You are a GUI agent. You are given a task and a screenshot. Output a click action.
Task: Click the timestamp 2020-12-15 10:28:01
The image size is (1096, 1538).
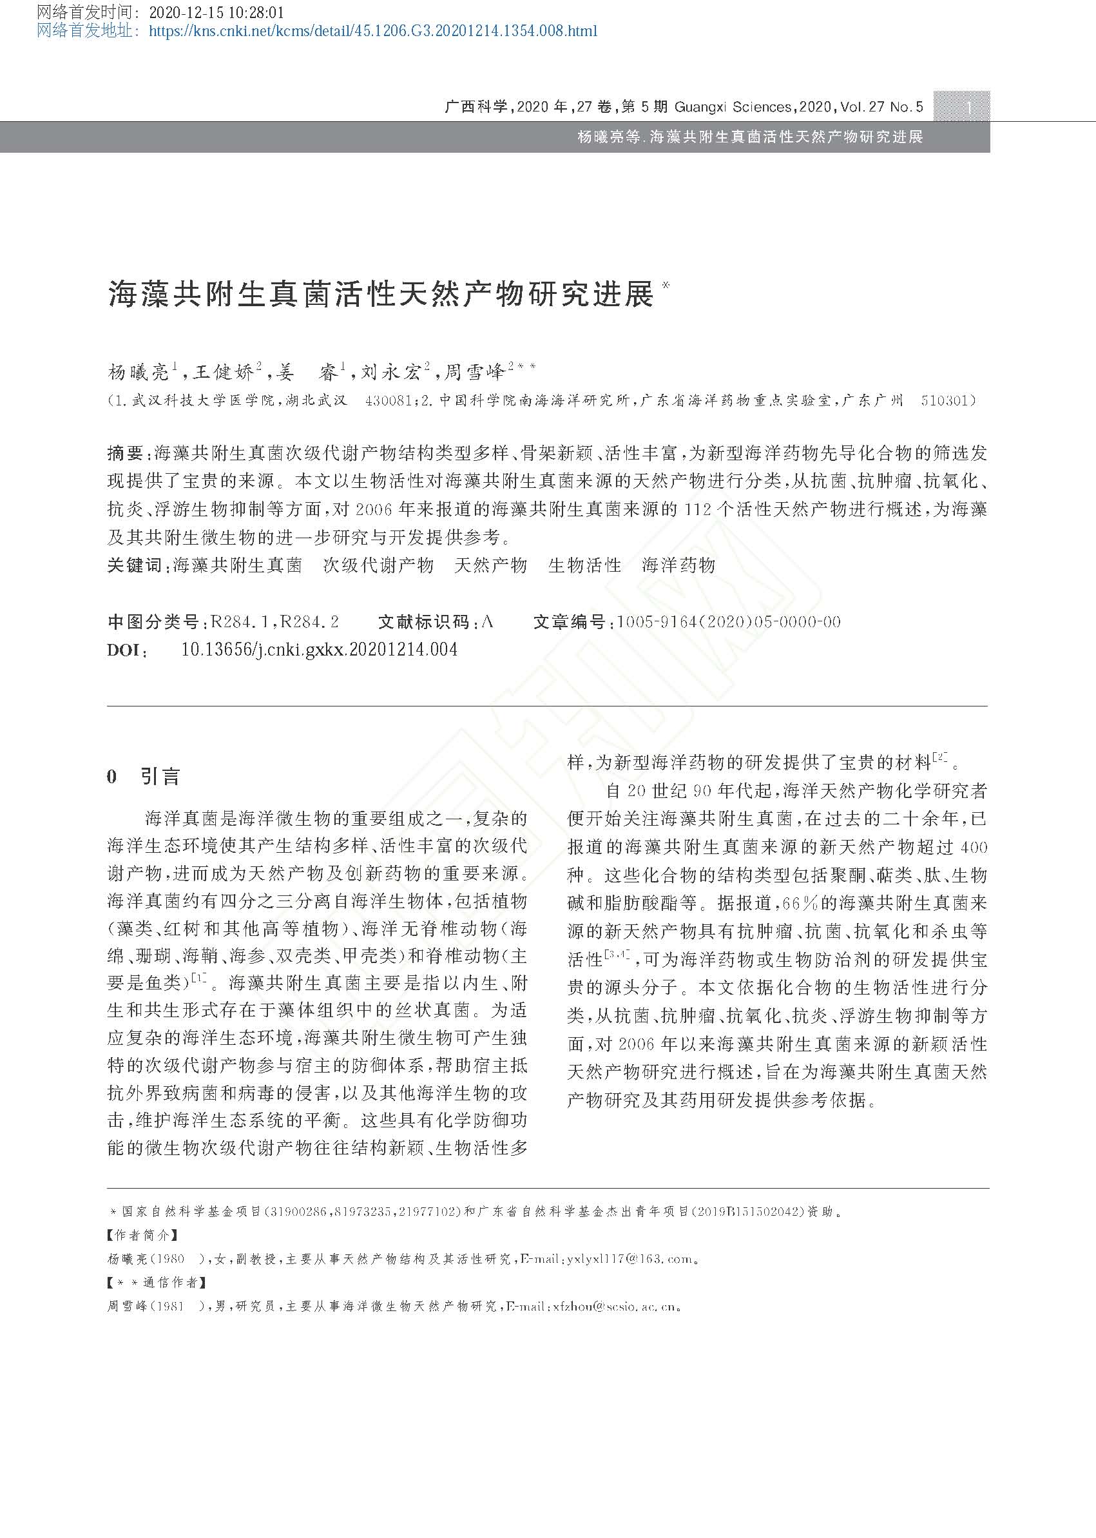pos(216,13)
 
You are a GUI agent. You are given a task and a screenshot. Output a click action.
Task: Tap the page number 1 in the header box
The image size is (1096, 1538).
pos(969,106)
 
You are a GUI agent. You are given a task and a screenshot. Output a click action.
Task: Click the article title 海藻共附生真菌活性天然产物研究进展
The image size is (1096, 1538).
pos(381,295)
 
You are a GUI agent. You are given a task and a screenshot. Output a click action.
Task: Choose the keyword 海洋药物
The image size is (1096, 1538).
pos(678,565)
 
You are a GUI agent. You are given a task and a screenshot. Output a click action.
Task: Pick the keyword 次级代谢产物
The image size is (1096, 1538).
pos(378,565)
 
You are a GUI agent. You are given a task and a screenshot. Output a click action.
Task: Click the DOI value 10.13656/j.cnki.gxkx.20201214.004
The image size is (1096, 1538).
pos(319,650)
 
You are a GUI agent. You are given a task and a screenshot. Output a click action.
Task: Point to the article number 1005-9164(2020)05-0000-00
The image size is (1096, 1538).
pos(729,622)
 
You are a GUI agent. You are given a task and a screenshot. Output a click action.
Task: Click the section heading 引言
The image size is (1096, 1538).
pos(160,777)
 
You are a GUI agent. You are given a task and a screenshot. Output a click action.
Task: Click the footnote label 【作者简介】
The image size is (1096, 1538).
pos(143,1236)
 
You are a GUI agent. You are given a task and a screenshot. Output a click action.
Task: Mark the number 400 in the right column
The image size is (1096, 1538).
pos(972,847)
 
